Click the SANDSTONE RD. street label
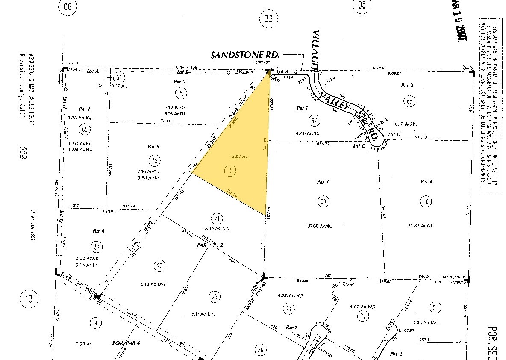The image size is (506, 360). click(x=245, y=55)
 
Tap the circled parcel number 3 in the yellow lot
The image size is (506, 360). click(x=230, y=170)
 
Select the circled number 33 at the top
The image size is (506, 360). click(x=269, y=18)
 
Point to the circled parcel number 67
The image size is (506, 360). click(x=315, y=121)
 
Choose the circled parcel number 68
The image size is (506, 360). click(x=410, y=102)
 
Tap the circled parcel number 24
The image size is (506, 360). click(x=218, y=219)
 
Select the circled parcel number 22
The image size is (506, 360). click(x=160, y=266)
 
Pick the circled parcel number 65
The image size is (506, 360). click(x=85, y=129)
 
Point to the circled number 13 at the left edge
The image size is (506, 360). click(x=29, y=298)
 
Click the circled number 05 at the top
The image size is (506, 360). click(x=362, y=5)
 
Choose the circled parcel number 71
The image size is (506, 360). click(x=290, y=308)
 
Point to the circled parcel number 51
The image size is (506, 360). click(x=435, y=307)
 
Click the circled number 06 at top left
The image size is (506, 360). click(x=67, y=6)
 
